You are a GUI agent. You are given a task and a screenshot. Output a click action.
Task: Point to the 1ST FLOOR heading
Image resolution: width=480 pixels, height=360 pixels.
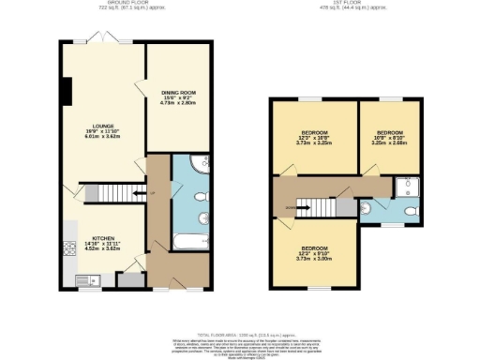click(x=352, y=5)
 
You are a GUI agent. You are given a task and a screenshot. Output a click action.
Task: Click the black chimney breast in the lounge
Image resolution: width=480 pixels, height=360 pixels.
click(x=66, y=91)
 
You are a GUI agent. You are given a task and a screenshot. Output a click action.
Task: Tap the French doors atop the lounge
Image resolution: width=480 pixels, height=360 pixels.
click(x=104, y=40)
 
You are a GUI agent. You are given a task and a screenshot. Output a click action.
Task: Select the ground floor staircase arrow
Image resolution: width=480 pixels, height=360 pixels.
click(x=138, y=194)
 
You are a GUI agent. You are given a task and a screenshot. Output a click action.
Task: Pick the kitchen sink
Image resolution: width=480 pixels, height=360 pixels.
click(x=84, y=278)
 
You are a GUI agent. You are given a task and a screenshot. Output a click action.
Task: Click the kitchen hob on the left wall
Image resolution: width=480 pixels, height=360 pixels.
click(x=68, y=249)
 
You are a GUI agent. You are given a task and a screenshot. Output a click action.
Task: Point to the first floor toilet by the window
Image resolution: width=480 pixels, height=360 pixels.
click(x=410, y=213)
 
